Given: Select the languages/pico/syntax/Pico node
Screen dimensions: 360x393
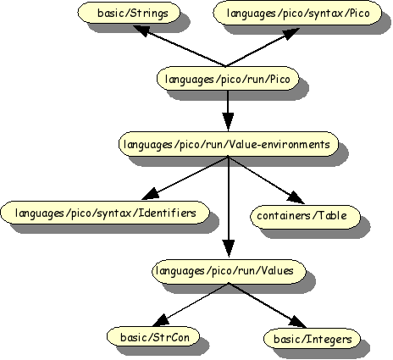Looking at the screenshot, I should (293, 14).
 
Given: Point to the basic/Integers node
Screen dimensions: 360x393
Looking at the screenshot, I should (306, 339).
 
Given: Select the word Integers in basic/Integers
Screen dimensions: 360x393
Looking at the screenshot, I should (319, 339).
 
